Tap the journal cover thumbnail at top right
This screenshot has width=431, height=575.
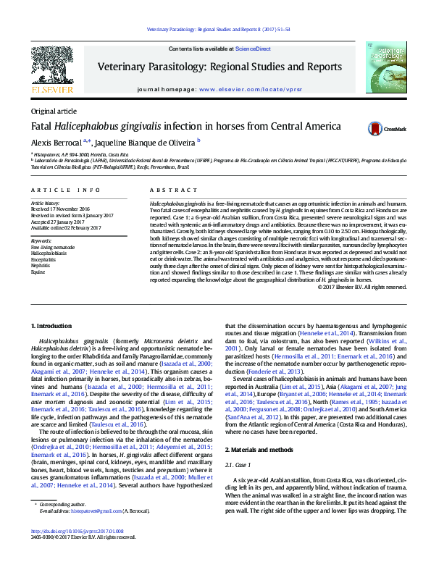[x=385, y=67]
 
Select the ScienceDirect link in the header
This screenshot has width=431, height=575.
[x=254, y=49]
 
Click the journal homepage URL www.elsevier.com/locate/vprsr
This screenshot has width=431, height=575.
[x=249, y=89]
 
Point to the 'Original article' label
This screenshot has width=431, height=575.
[x=53, y=111]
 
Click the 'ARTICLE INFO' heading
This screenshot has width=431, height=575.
[x=66, y=190]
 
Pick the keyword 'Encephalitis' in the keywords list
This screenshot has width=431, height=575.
[x=43, y=259]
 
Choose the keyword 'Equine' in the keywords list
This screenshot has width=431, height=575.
[x=38, y=271]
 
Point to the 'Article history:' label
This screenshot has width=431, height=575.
[x=46, y=203]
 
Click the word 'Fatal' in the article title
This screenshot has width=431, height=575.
[x=41, y=126]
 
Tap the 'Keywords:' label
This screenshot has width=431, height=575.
[x=41, y=240]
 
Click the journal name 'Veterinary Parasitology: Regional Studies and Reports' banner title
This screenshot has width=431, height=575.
[x=219, y=67]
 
